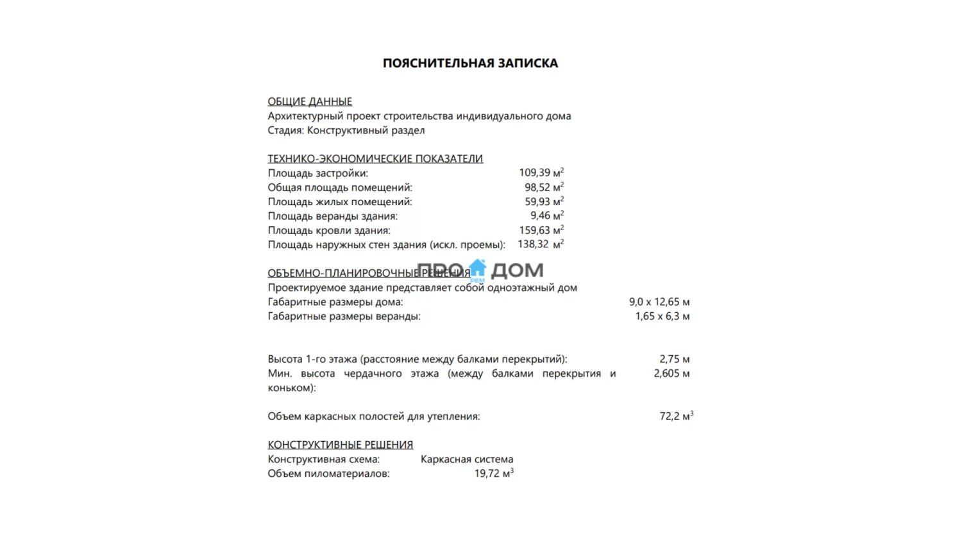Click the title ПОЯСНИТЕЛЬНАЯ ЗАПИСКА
pyautogui.click(x=470, y=63)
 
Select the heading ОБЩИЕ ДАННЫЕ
pyautogui.click(x=310, y=101)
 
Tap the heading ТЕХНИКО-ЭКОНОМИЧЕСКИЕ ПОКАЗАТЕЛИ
pyautogui.click(x=375, y=158)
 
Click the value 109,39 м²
pyautogui.click(x=541, y=172)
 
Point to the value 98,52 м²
pyautogui.click(x=544, y=187)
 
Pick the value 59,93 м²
pyautogui.click(x=544, y=201)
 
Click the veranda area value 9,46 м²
pyautogui.click(x=546, y=216)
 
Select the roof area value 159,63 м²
pyautogui.click(x=541, y=230)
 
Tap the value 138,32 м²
pyautogui.click(x=540, y=244)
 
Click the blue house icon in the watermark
pyautogui.click(x=477, y=269)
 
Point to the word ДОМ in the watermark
pyautogui.click(x=517, y=270)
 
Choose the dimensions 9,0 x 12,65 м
pyautogui.click(x=659, y=302)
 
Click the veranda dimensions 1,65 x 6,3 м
pyautogui.click(x=662, y=316)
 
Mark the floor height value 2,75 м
pyautogui.click(x=674, y=359)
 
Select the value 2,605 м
pyautogui.click(x=671, y=373)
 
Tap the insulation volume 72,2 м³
pyautogui.click(x=676, y=416)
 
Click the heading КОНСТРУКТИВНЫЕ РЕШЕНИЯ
pyautogui.click(x=340, y=444)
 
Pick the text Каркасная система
pyautogui.click(x=467, y=459)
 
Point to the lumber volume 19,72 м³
pyautogui.click(x=494, y=473)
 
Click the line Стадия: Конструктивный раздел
pyautogui.click(x=346, y=130)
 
